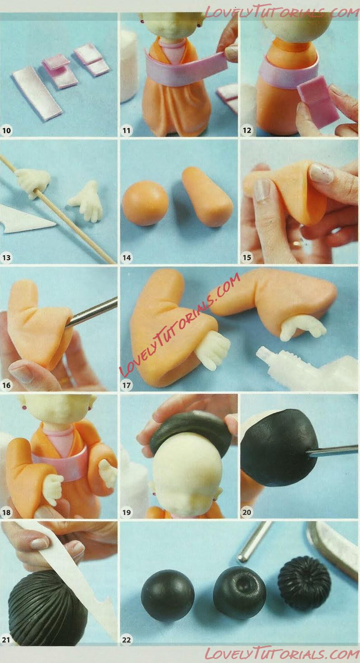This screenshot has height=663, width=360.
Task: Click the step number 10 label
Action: click(6, 130)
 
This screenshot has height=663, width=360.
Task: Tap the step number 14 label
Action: click(127, 257)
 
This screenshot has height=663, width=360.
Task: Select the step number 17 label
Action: click(126, 385)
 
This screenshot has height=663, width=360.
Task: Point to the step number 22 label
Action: click(126, 640)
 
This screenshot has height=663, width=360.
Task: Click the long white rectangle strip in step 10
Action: click(37, 93)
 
